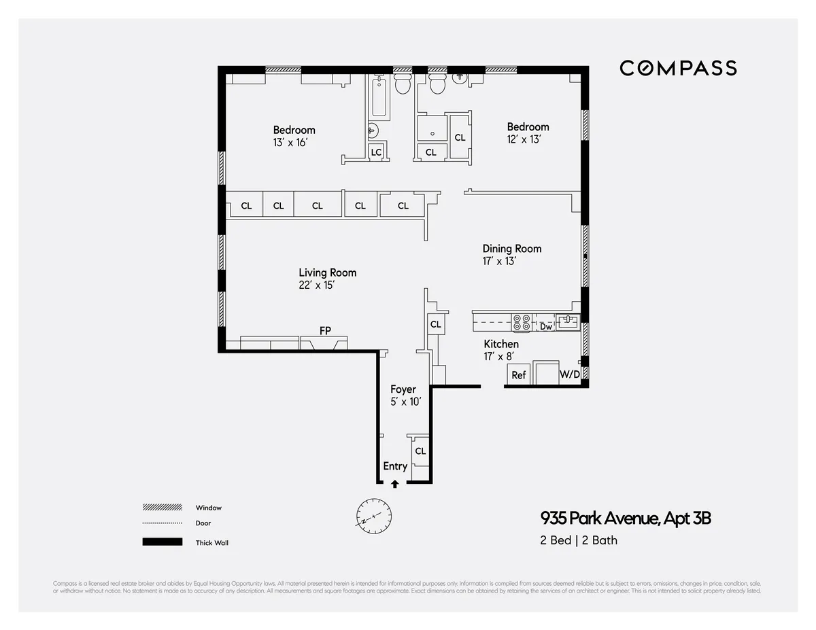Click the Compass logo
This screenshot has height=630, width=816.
[x=678, y=68]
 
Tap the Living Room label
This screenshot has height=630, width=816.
[x=327, y=273]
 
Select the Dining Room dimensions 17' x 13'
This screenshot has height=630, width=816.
[x=500, y=261]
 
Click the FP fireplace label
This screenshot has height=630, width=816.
[x=325, y=331]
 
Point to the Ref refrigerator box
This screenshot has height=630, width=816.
[x=518, y=374]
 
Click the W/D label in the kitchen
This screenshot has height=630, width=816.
[x=569, y=374]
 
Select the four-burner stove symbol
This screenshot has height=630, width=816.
[x=522, y=322]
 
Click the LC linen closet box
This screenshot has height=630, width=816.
[x=376, y=153]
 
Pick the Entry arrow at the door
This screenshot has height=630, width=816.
[x=394, y=484]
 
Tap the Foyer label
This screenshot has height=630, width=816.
[x=403, y=389]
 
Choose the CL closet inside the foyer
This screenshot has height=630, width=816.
[x=420, y=451]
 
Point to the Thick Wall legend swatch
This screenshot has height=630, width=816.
[x=162, y=542]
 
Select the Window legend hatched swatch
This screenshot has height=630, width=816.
[x=162, y=508]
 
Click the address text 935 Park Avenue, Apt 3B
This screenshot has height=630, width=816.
[x=626, y=519]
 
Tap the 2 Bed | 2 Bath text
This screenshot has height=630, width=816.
[x=579, y=540]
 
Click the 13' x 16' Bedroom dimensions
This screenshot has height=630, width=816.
[x=290, y=143]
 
